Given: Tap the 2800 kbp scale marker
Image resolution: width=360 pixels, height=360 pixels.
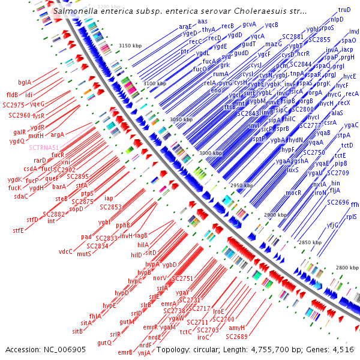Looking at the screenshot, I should coord(347,267).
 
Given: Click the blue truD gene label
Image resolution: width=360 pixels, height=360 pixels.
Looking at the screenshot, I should coord(344,10).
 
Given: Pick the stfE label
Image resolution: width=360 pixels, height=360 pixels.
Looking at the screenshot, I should coord(19,230).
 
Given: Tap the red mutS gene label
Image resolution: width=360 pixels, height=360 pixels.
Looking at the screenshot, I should coord(83,254).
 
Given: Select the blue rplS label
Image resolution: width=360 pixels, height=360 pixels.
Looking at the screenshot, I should coord(351,217).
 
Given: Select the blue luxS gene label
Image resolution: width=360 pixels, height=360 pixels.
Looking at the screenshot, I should coord(292,170).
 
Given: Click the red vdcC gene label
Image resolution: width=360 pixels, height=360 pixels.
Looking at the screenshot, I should coord(65,251).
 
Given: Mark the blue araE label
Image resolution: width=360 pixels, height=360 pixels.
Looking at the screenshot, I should coord(185,27).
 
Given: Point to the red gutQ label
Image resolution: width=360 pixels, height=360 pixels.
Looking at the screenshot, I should coord(104,343).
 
